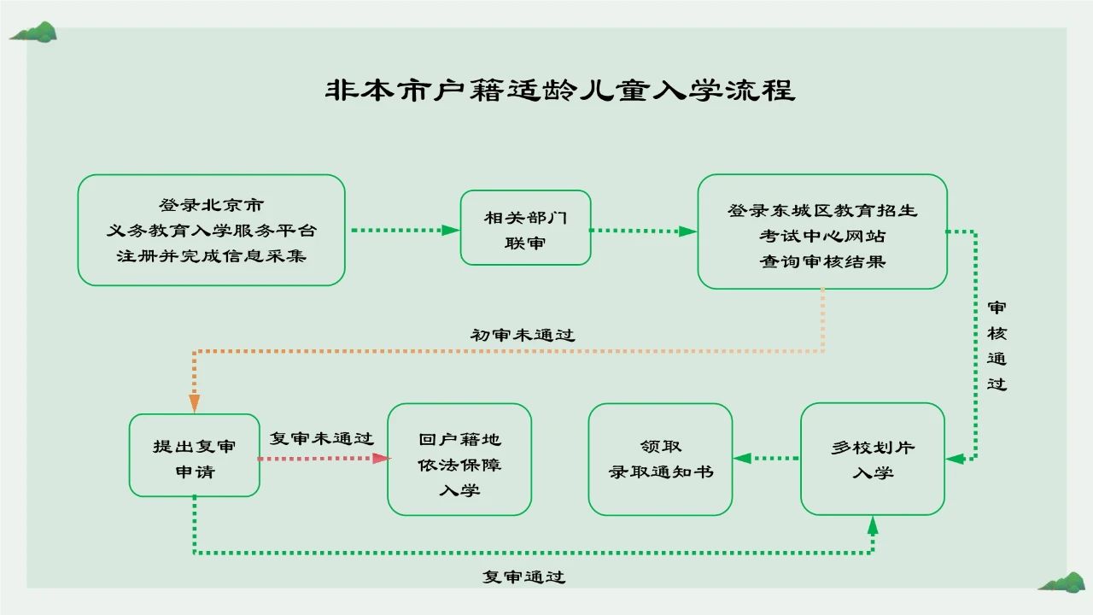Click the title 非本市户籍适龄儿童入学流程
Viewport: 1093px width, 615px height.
559,91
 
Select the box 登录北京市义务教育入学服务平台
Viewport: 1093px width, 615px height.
211,230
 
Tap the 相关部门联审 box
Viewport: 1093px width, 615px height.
525,228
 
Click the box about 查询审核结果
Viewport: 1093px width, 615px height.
821,232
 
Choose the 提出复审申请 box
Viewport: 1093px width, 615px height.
194,456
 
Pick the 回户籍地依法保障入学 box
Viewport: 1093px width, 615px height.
459,460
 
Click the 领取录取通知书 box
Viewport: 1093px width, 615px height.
660,460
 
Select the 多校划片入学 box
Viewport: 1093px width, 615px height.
872,460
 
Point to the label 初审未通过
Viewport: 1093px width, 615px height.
523,335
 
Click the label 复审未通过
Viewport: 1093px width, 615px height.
321,439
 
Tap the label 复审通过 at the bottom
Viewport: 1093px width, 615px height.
523,577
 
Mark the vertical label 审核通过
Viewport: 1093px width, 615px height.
997,345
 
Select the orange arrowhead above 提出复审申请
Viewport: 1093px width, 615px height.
195,403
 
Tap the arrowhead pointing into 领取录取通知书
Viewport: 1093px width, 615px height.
742,459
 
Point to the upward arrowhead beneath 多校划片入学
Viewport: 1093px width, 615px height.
872,524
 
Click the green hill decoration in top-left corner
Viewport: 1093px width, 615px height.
33,32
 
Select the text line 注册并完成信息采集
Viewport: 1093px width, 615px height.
211,255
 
